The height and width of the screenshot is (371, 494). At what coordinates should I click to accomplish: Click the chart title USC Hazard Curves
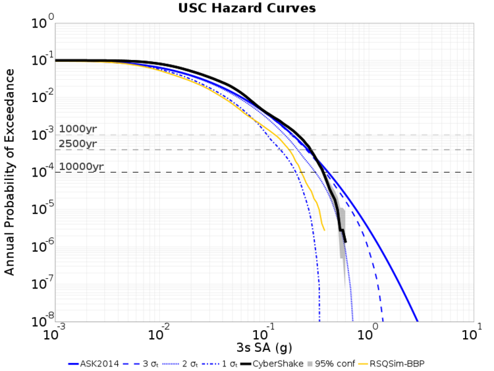pyautogui.click(x=247, y=8)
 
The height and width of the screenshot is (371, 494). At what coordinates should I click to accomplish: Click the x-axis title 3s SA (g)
pyautogui.click(x=263, y=347)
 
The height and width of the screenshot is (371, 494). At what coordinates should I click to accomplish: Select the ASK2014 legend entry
pyautogui.click(x=91, y=363)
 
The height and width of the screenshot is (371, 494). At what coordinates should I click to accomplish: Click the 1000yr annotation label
pyautogui.click(x=78, y=129)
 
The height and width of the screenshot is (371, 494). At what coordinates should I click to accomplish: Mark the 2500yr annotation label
pyautogui.click(x=78, y=144)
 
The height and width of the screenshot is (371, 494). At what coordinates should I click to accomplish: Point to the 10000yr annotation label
pyautogui.click(x=81, y=166)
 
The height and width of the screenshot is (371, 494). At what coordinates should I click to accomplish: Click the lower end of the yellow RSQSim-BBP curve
pyautogui.click(x=324, y=230)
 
